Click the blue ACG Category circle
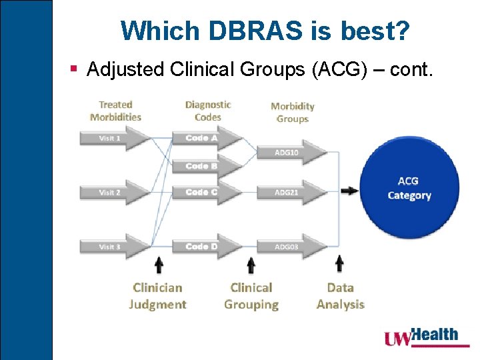pyautogui.click(x=409, y=188)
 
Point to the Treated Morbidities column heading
pyautogui.click(x=116, y=111)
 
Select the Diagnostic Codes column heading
pyautogui.click(x=208, y=111)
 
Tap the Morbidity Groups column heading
pyautogui.click(x=293, y=112)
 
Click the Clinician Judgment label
pyautogui.click(x=158, y=296)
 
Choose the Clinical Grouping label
pyautogui.click(x=251, y=296)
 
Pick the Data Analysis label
pyautogui.click(x=340, y=296)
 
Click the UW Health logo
pyautogui.click(x=421, y=337)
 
